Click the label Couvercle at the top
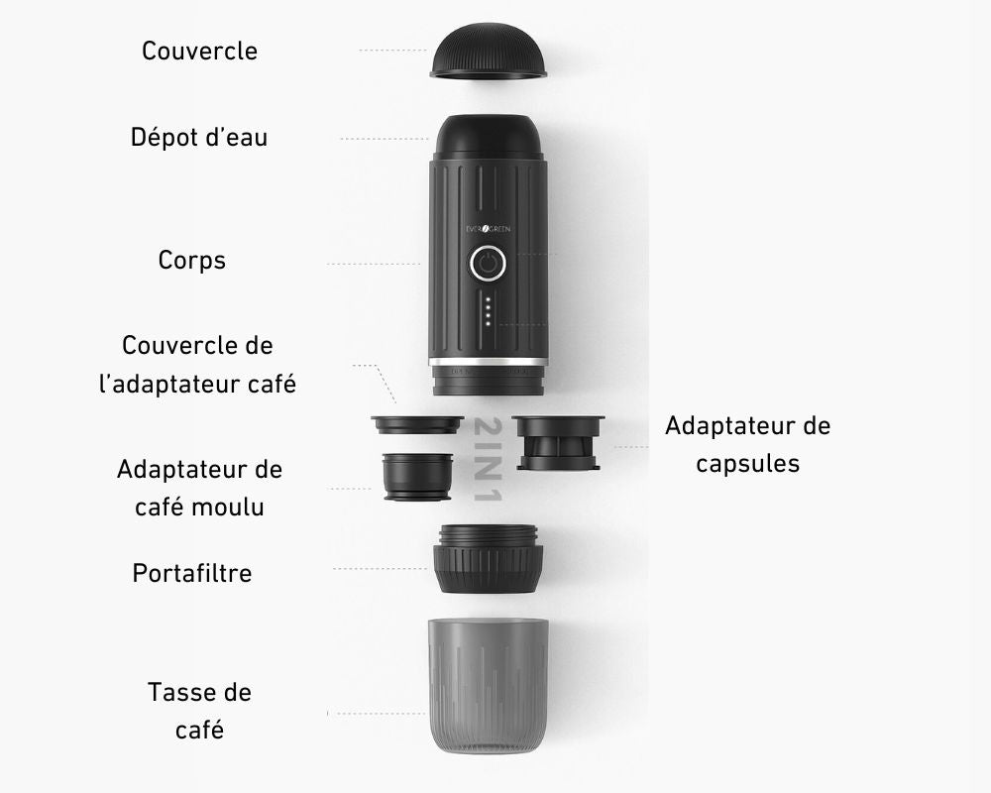pyautogui.click(x=199, y=51)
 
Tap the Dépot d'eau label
pyautogui.click(x=199, y=137)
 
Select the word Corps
pyautogui.click(x=191, y=261)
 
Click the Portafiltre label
pyautogui.click(x=191, y=573)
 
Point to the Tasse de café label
pyautogui.click(x=199, y=711)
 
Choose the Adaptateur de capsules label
pyautogui.click(x=747, y=444)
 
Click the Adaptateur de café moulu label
pyautogui.click(x=199, y=488)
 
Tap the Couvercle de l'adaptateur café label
pyautogui.click(x=197, y=364)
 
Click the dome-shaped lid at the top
pyautogui.click(x=488, y=51)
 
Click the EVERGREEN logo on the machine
pyautogui.click(x=488, y=229)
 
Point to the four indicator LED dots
pyautogui.click(x=488, y=311)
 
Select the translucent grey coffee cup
pyautogui.click(x=488, y=686)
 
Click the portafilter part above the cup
pyautogui.click(x=488, y=558)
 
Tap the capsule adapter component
pyautogui.click(x=558, y=443)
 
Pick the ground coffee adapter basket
pyautogui.click(x=418, y=477)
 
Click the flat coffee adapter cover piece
pyautogui.click(x=417, y=424)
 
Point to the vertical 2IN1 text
pyautogui.click(x=488, y=459)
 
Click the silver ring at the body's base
pyautogui.click(x=488, y=362)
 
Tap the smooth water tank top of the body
pyautogui.click(x=489, y=137)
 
